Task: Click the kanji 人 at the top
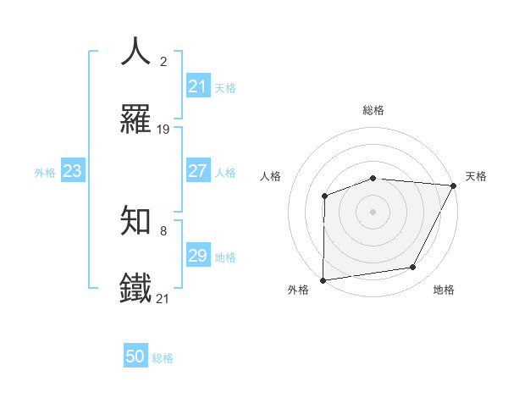point(136,51)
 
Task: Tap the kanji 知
point(136,221)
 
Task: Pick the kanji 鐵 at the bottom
point(136,288)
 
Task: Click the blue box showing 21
point(197,86)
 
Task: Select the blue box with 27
point(197,171)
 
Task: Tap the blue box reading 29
point(197,256)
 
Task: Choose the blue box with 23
point(72,171)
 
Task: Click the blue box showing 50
point(135,357)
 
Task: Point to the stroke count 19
point(163,130)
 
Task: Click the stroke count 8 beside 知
point(163,230)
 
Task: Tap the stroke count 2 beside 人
point(163,61)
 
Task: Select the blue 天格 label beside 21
point(225,87)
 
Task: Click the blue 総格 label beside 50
point(163,358)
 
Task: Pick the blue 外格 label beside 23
point(45,172)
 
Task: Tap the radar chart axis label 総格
point(373,110)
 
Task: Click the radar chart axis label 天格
point(476,176)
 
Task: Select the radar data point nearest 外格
point(323,279)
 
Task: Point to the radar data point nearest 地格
point(413,268)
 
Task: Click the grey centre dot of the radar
point(373,211)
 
